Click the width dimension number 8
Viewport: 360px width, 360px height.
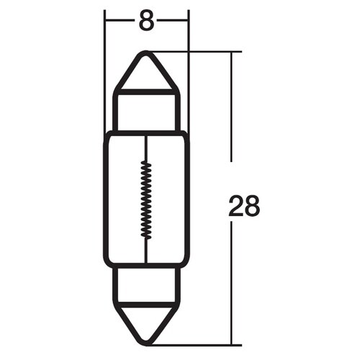coord(146,22)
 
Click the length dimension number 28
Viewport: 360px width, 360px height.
coord(244,207)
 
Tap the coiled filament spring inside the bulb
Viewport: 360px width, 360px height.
coord(146,199)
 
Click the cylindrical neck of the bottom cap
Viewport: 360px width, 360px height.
coord(146,284)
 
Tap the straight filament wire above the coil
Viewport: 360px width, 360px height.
coord(146,148)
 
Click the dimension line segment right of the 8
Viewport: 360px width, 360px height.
coord(173,21)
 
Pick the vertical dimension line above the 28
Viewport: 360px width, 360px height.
coord(232,108)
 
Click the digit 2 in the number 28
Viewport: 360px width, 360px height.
coord(236,207)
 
